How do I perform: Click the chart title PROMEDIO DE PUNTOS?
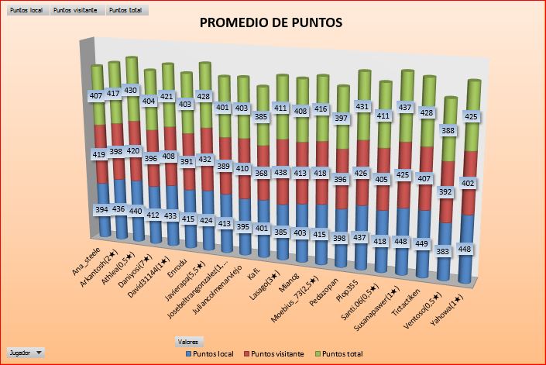coord(271,23)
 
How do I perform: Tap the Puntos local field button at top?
coord(25,10)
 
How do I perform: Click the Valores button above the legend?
coord(187,341)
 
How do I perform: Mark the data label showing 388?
coord(447,131)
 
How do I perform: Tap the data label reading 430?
coord(131,90)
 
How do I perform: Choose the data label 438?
coord(282,173)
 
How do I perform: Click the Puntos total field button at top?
coord(126,10)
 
